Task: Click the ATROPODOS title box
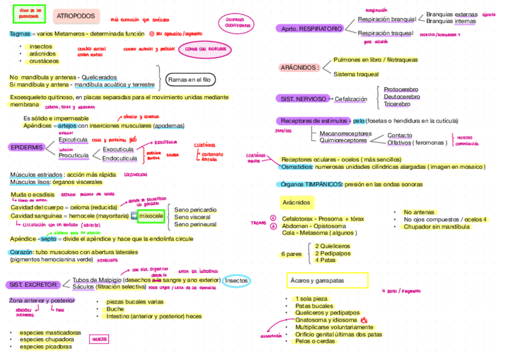(75, 15)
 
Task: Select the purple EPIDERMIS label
(26, 147)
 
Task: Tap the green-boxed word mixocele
(150, 216)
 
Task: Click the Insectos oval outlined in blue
(236, 281)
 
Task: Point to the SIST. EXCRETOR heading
(32, 284)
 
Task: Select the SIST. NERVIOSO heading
(302, 98)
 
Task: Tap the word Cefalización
(351, 99)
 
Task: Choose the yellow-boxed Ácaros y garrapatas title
(327, 281)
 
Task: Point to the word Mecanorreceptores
(345, 133)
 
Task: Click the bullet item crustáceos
(44, 61)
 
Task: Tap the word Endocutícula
(119, 159)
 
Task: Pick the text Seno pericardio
(195, 210)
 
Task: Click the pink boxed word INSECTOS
(99, 340)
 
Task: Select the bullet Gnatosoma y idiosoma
(326, 320)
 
